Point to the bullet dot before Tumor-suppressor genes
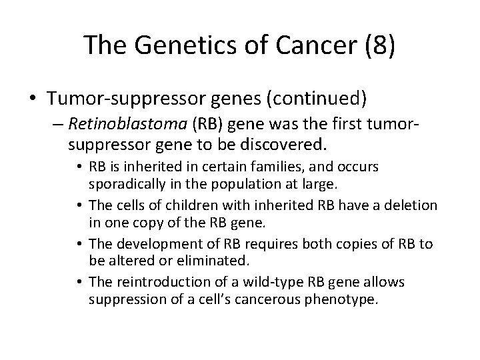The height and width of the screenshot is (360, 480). tap(34, 99)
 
